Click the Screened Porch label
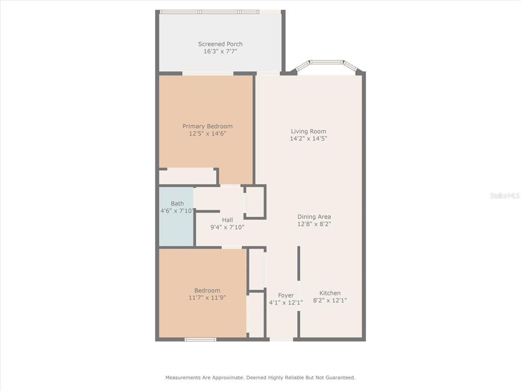click(x=220, y=44)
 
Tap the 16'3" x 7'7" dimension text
click(x=220, y=51)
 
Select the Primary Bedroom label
click(x=208, y=126)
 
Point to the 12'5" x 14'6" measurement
click(x=208, y=134)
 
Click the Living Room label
click(x=308, y=131)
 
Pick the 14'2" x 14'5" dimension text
click(x=308, y=138)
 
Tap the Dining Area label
click(x=314, y=217)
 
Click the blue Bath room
click(x=177, y=217)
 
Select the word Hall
click(x=227, y=220)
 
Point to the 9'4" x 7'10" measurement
click(x=227, y=228)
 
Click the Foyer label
click(x=286, y=295)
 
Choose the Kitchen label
click(x=330, y=293)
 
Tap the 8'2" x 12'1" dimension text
click(x=330, y=300)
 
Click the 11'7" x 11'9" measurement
click(x=208, y=298)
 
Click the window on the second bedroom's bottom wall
click(x=200, y=340)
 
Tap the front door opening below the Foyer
click(x=281, y=340)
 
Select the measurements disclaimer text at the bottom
click(x=260, y=378)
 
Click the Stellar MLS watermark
click(x=505, y=195)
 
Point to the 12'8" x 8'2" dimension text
click(x=314, y=224)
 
